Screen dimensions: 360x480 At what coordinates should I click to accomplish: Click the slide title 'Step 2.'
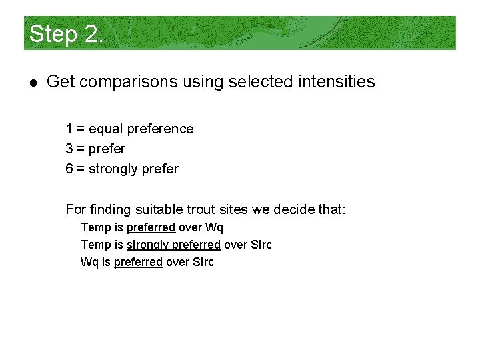pyautogui.click(x=66, y=33)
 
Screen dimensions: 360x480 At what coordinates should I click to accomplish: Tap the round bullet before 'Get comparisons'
pyautogui.click(x=33, y=83)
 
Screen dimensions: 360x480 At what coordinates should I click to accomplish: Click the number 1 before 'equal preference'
pyautogui.click(x=69, y=129)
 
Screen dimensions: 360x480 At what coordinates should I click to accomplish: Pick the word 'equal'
pyautogui.click(x=105, y=129)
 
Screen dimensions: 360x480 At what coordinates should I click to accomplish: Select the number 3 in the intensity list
pyautogui.click(x=69, y=149)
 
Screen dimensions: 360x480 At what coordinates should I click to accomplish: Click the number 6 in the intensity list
pyautogui.click(x=69, y=169)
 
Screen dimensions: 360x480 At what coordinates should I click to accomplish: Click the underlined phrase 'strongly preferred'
pyautogui.click(x=173, y=245)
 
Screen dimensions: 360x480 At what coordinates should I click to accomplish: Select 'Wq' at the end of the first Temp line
pyautogui.click(x=215, y=227)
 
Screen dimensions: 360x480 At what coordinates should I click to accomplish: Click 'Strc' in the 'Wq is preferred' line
pyautogui.click(x=203, y=262)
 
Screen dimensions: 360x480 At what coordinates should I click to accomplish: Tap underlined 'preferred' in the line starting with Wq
pyautogui.click(x=138, y=262)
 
